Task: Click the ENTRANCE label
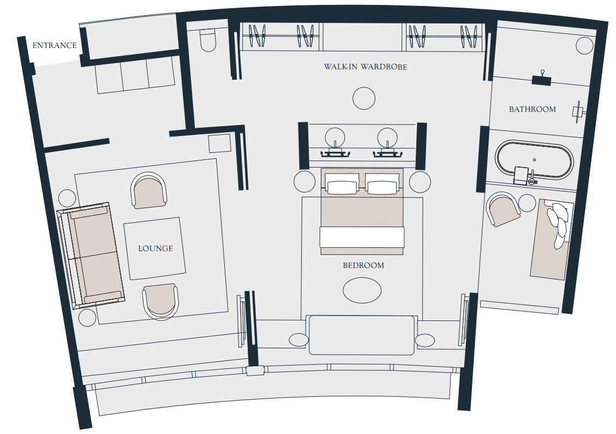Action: (55, 46)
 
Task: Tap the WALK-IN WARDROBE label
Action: (366, 67)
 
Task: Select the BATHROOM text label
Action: (533, 109)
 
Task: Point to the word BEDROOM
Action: (363, 265)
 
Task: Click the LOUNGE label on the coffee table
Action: (156, 248)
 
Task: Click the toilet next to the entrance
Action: (208, 40)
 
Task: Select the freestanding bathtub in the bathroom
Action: (534, 160)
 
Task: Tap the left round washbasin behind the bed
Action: (335, 138)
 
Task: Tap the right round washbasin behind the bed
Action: (387, 138)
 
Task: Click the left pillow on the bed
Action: (342, 184)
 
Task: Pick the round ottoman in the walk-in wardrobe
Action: (364, 98)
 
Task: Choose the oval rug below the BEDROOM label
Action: (362, 290)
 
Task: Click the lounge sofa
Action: (91, 256)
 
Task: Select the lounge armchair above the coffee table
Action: (149, 191)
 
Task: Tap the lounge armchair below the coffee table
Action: (160, 301)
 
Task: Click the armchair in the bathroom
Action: (503, 209)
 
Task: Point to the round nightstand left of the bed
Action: (304, 182)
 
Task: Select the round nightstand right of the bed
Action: (420, 182)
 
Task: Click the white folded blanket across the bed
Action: (362, 237)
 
